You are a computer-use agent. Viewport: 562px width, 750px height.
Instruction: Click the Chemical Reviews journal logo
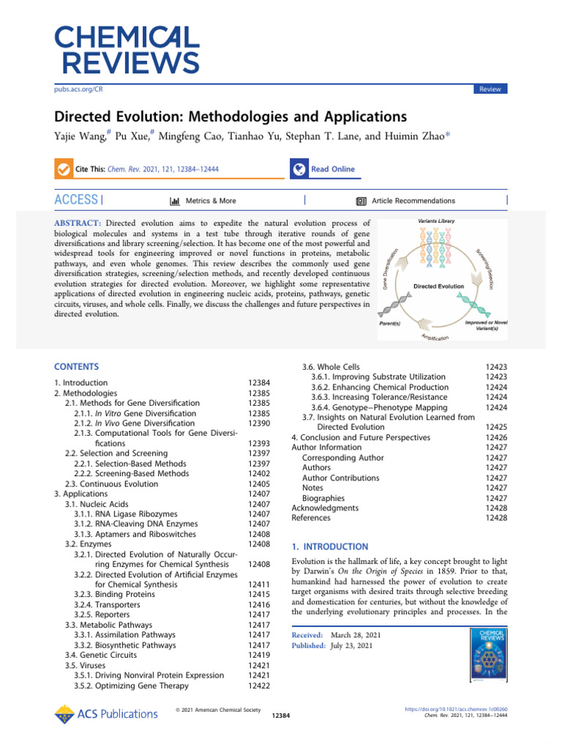pyautogui.click(x=126, y=50)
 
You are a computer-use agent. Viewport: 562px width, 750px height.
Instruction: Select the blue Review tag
pyautogui.click(x=490, y=89)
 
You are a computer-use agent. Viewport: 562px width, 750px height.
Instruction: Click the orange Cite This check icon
pyautogui.click(x=63, y=169)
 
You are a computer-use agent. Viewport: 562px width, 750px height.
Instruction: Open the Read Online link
pyautogui.click(x=332, y=169)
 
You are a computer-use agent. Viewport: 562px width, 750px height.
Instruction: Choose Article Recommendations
pyautogui.click(x=413, y=201)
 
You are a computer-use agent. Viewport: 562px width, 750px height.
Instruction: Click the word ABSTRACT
pyautogui.click(x=78, y=223)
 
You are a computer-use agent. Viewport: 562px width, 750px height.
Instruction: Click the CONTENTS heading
pyautogui.click(x=76, y=367)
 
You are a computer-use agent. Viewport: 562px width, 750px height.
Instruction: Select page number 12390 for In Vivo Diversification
pyautogui.click(x=260, y=423)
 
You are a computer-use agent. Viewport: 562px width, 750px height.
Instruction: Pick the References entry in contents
pyautogui.click(x=311, y=518)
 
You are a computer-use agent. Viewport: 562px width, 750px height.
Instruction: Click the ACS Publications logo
pyautogui.click(x=106, y=713)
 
